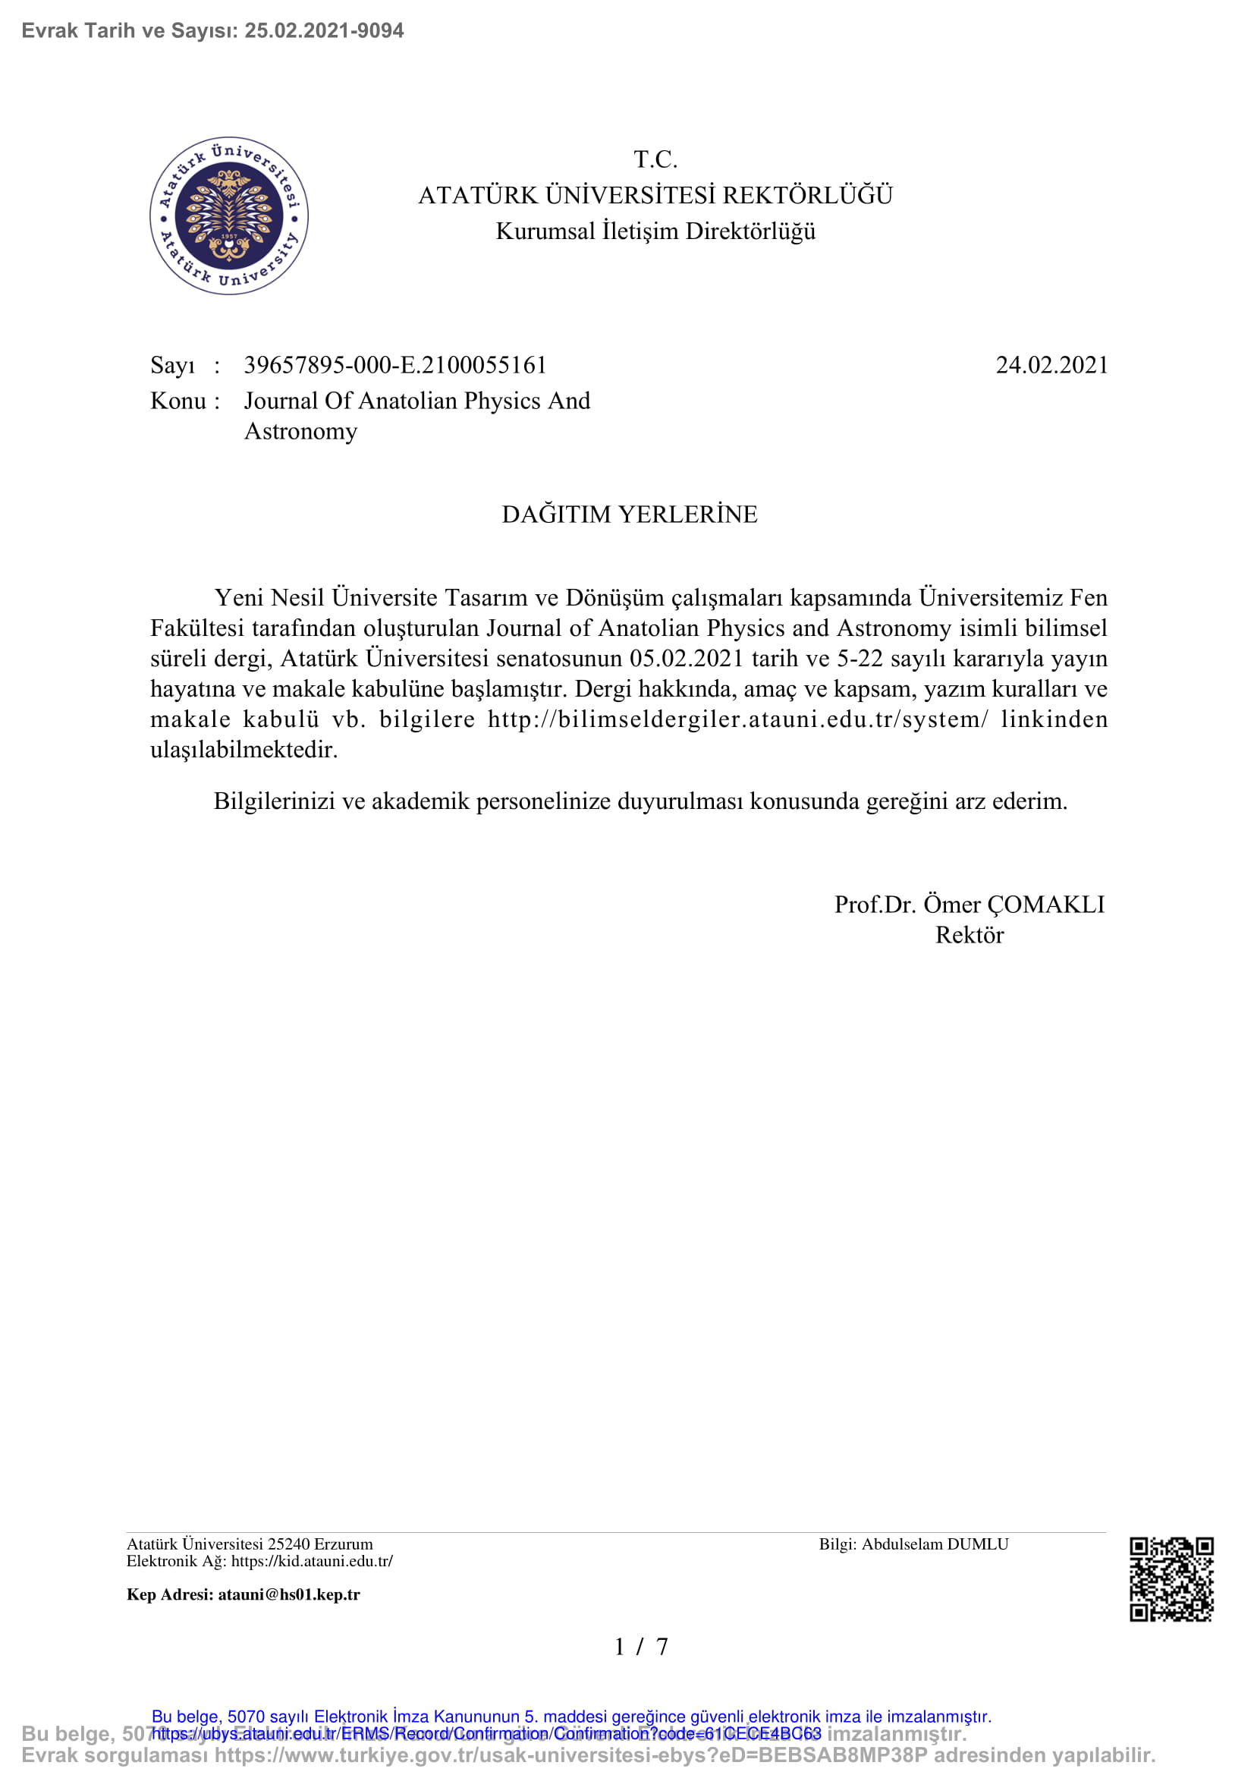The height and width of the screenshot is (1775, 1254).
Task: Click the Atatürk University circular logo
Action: click(x=228, y=216)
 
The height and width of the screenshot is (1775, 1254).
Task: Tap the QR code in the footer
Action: click(x=1171, y=1579)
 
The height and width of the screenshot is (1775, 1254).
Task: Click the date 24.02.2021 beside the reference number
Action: click(x=1051, y=365)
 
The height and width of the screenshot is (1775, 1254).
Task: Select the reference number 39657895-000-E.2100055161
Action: click(x=394, y=365)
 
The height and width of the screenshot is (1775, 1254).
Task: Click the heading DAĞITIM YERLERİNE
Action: click(x=629, y=514)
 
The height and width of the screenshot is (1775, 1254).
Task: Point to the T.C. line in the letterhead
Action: click(x=655, y=159)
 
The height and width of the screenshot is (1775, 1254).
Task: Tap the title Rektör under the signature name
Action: click(x=969, y=935)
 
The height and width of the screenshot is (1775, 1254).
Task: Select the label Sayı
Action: click(x=172, y=365)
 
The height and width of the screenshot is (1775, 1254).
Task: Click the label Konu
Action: click(x=178, y=401)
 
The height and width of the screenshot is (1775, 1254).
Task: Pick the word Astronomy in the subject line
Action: click(x=300, y=430)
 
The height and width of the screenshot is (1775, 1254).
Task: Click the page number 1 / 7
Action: click(x=640, y=1647)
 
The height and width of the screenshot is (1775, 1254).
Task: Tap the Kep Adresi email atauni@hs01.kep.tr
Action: click(x=288, y=1594)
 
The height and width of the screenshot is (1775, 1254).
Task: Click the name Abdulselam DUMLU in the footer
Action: click(x=935, y=1544)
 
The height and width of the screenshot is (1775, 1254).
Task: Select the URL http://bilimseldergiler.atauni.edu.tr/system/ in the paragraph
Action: click(x=737, y=719)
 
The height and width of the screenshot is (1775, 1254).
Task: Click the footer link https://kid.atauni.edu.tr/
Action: click(x=311, y=1561)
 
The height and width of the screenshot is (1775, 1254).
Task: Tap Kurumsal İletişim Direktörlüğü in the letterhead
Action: click(x=655, y=231)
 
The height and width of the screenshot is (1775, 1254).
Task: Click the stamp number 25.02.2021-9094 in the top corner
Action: click(x=324, y=30)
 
